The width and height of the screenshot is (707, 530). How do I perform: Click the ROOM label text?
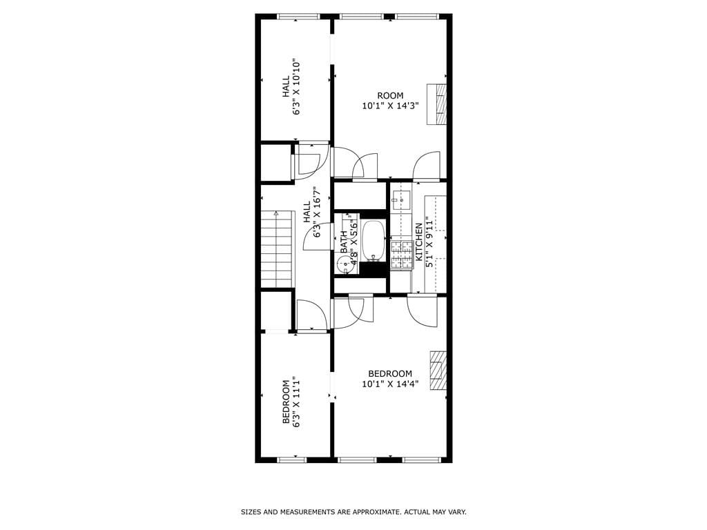(390, 95)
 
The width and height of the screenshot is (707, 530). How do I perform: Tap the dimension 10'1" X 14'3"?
(390, 106)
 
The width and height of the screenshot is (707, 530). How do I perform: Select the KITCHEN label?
(418, 242)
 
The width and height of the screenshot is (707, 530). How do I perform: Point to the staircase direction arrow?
(275, 215)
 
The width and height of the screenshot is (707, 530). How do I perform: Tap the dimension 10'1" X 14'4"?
(390, 384)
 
